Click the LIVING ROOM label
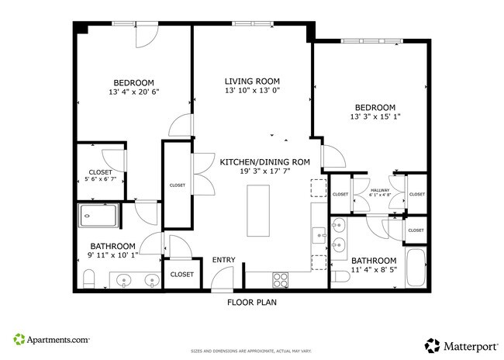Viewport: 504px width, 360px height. click(252, 81)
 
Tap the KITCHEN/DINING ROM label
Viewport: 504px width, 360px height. click(265, 162)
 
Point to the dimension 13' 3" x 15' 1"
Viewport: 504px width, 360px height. click(375, 117)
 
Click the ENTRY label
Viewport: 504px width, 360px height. click(224, 260)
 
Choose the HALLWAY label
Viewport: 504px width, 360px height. click(380, 189)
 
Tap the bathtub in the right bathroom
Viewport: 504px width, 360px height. click(415, 268)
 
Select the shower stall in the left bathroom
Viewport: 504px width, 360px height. click(99, 217)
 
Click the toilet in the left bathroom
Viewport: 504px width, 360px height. click(88, 277)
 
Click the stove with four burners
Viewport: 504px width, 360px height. click(280, 278)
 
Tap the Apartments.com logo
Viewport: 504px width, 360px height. click(51, 340)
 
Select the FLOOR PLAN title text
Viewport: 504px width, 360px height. click(252, 303)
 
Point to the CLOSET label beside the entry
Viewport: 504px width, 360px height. click(181, 274)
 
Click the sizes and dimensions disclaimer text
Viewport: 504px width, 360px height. click(252, 351)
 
